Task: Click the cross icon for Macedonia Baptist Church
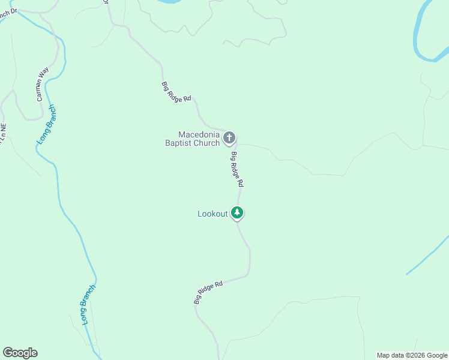click(x=229, y=139)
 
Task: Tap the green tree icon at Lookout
click(x=238, y=212)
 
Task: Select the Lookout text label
click(x=212, y=214)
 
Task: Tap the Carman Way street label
click(x=41, y=85)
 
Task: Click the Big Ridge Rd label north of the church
click(x=176, y=91)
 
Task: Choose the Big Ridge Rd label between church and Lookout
click(x=237, y=169)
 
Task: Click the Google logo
click(x=20, y=353)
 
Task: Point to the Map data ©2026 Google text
click(x=412, y=355)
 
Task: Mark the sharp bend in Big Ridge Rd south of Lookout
click(x=248, y=274)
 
